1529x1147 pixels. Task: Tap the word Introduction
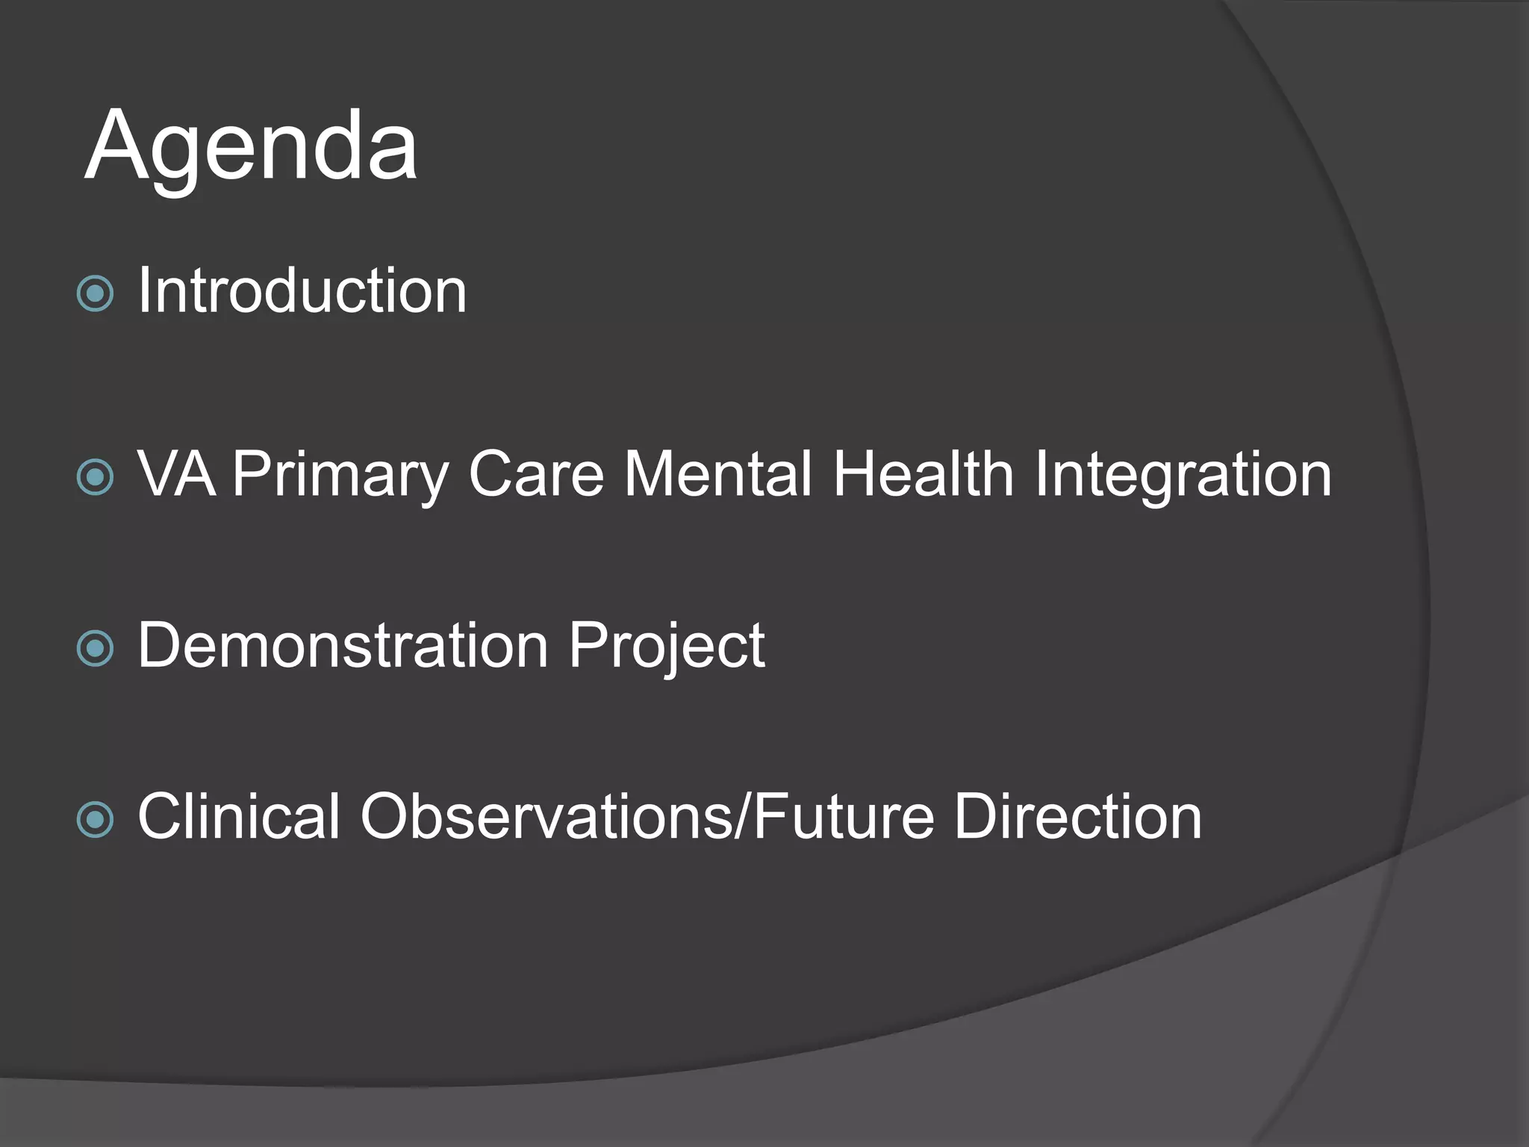302,290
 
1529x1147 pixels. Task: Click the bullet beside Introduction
96,293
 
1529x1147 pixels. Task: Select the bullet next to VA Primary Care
96,477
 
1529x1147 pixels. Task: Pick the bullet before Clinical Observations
96,820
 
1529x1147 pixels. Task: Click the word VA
177,473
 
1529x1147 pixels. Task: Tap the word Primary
340,475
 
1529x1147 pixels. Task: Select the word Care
536,473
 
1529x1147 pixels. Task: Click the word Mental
717,473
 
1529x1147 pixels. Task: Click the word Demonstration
343,645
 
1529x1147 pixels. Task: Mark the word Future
844,816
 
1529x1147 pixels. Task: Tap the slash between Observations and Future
743,816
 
